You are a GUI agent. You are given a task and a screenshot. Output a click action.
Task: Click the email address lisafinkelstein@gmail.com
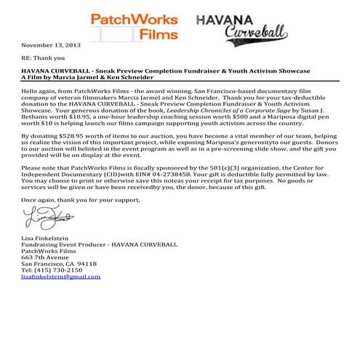pyautogui.click(x=61, y=277)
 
